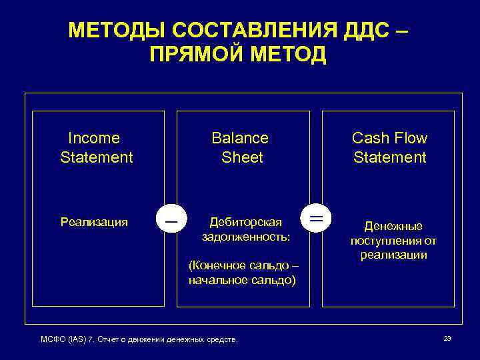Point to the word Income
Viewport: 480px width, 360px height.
pyautogui.click(x=94, y=138)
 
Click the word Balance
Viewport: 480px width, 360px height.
pyautogui.click(x=240, y=138)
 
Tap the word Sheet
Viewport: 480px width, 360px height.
pyautogui.click(x=243, y=157)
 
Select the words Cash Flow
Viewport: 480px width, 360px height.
pyautogui.click(x=389, y=138)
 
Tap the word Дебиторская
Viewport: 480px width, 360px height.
pyautogui.click(x=245, y=222)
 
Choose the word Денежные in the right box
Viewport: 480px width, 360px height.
pyautogui.click(x=393, y=227)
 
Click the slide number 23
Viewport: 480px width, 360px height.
pyautogui.click(x=447, y=339)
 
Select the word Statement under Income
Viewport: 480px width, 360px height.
pyautogui.click(x=97, y=157)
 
